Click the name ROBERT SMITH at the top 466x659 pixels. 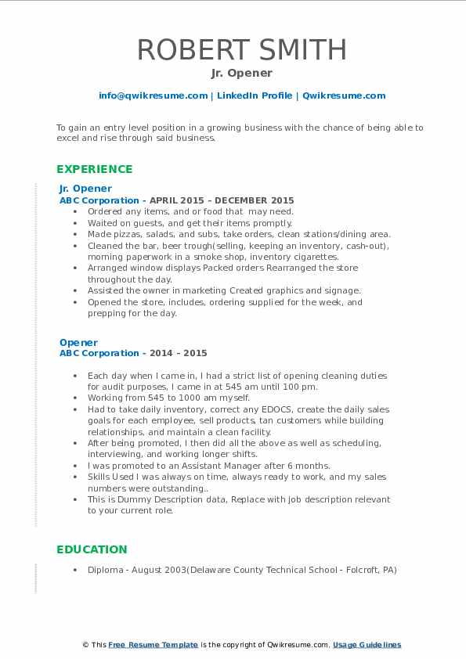point(241,49)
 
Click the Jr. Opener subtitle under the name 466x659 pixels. point(241,74)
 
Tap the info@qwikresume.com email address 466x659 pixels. point(153,95)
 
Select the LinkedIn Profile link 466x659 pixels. point(255,95)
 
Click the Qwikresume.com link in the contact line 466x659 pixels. point(344,95)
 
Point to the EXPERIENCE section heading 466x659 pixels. point(94,169)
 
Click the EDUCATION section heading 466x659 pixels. point(92,549)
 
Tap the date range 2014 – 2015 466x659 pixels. point(185,353)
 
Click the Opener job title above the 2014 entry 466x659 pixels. point(78,342)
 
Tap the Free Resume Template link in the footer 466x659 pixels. point(153,645)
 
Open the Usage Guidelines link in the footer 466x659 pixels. point(367,645)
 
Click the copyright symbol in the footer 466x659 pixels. point(85,645)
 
